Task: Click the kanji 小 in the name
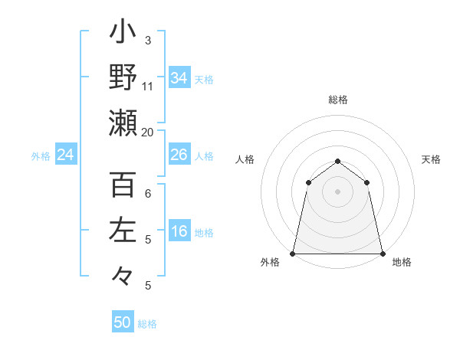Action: (x=123, y=34)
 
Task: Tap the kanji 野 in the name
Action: (x=123, y=78)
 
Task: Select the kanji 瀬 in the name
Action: (x=123, y=123)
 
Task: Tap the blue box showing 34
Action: (x=179, y=78)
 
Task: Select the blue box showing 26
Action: (x=179, y=155)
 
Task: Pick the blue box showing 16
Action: (x=179, y=232)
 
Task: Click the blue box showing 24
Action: (x=66, y=155)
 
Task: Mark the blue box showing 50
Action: (x=123, y=322)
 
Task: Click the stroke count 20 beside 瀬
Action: (x=148, y=132)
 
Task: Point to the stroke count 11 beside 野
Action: (x=148, y=86)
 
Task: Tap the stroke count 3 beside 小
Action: (x=148, y=41)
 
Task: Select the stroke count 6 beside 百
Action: (x=148, y=194)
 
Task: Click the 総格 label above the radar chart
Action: (x=338, y=100)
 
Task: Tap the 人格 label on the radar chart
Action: (x=245, y=159)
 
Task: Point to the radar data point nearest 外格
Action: (x=293, y=253)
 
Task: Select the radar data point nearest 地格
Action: (x=383, y=253)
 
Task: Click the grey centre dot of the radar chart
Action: (x=338, y=191)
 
